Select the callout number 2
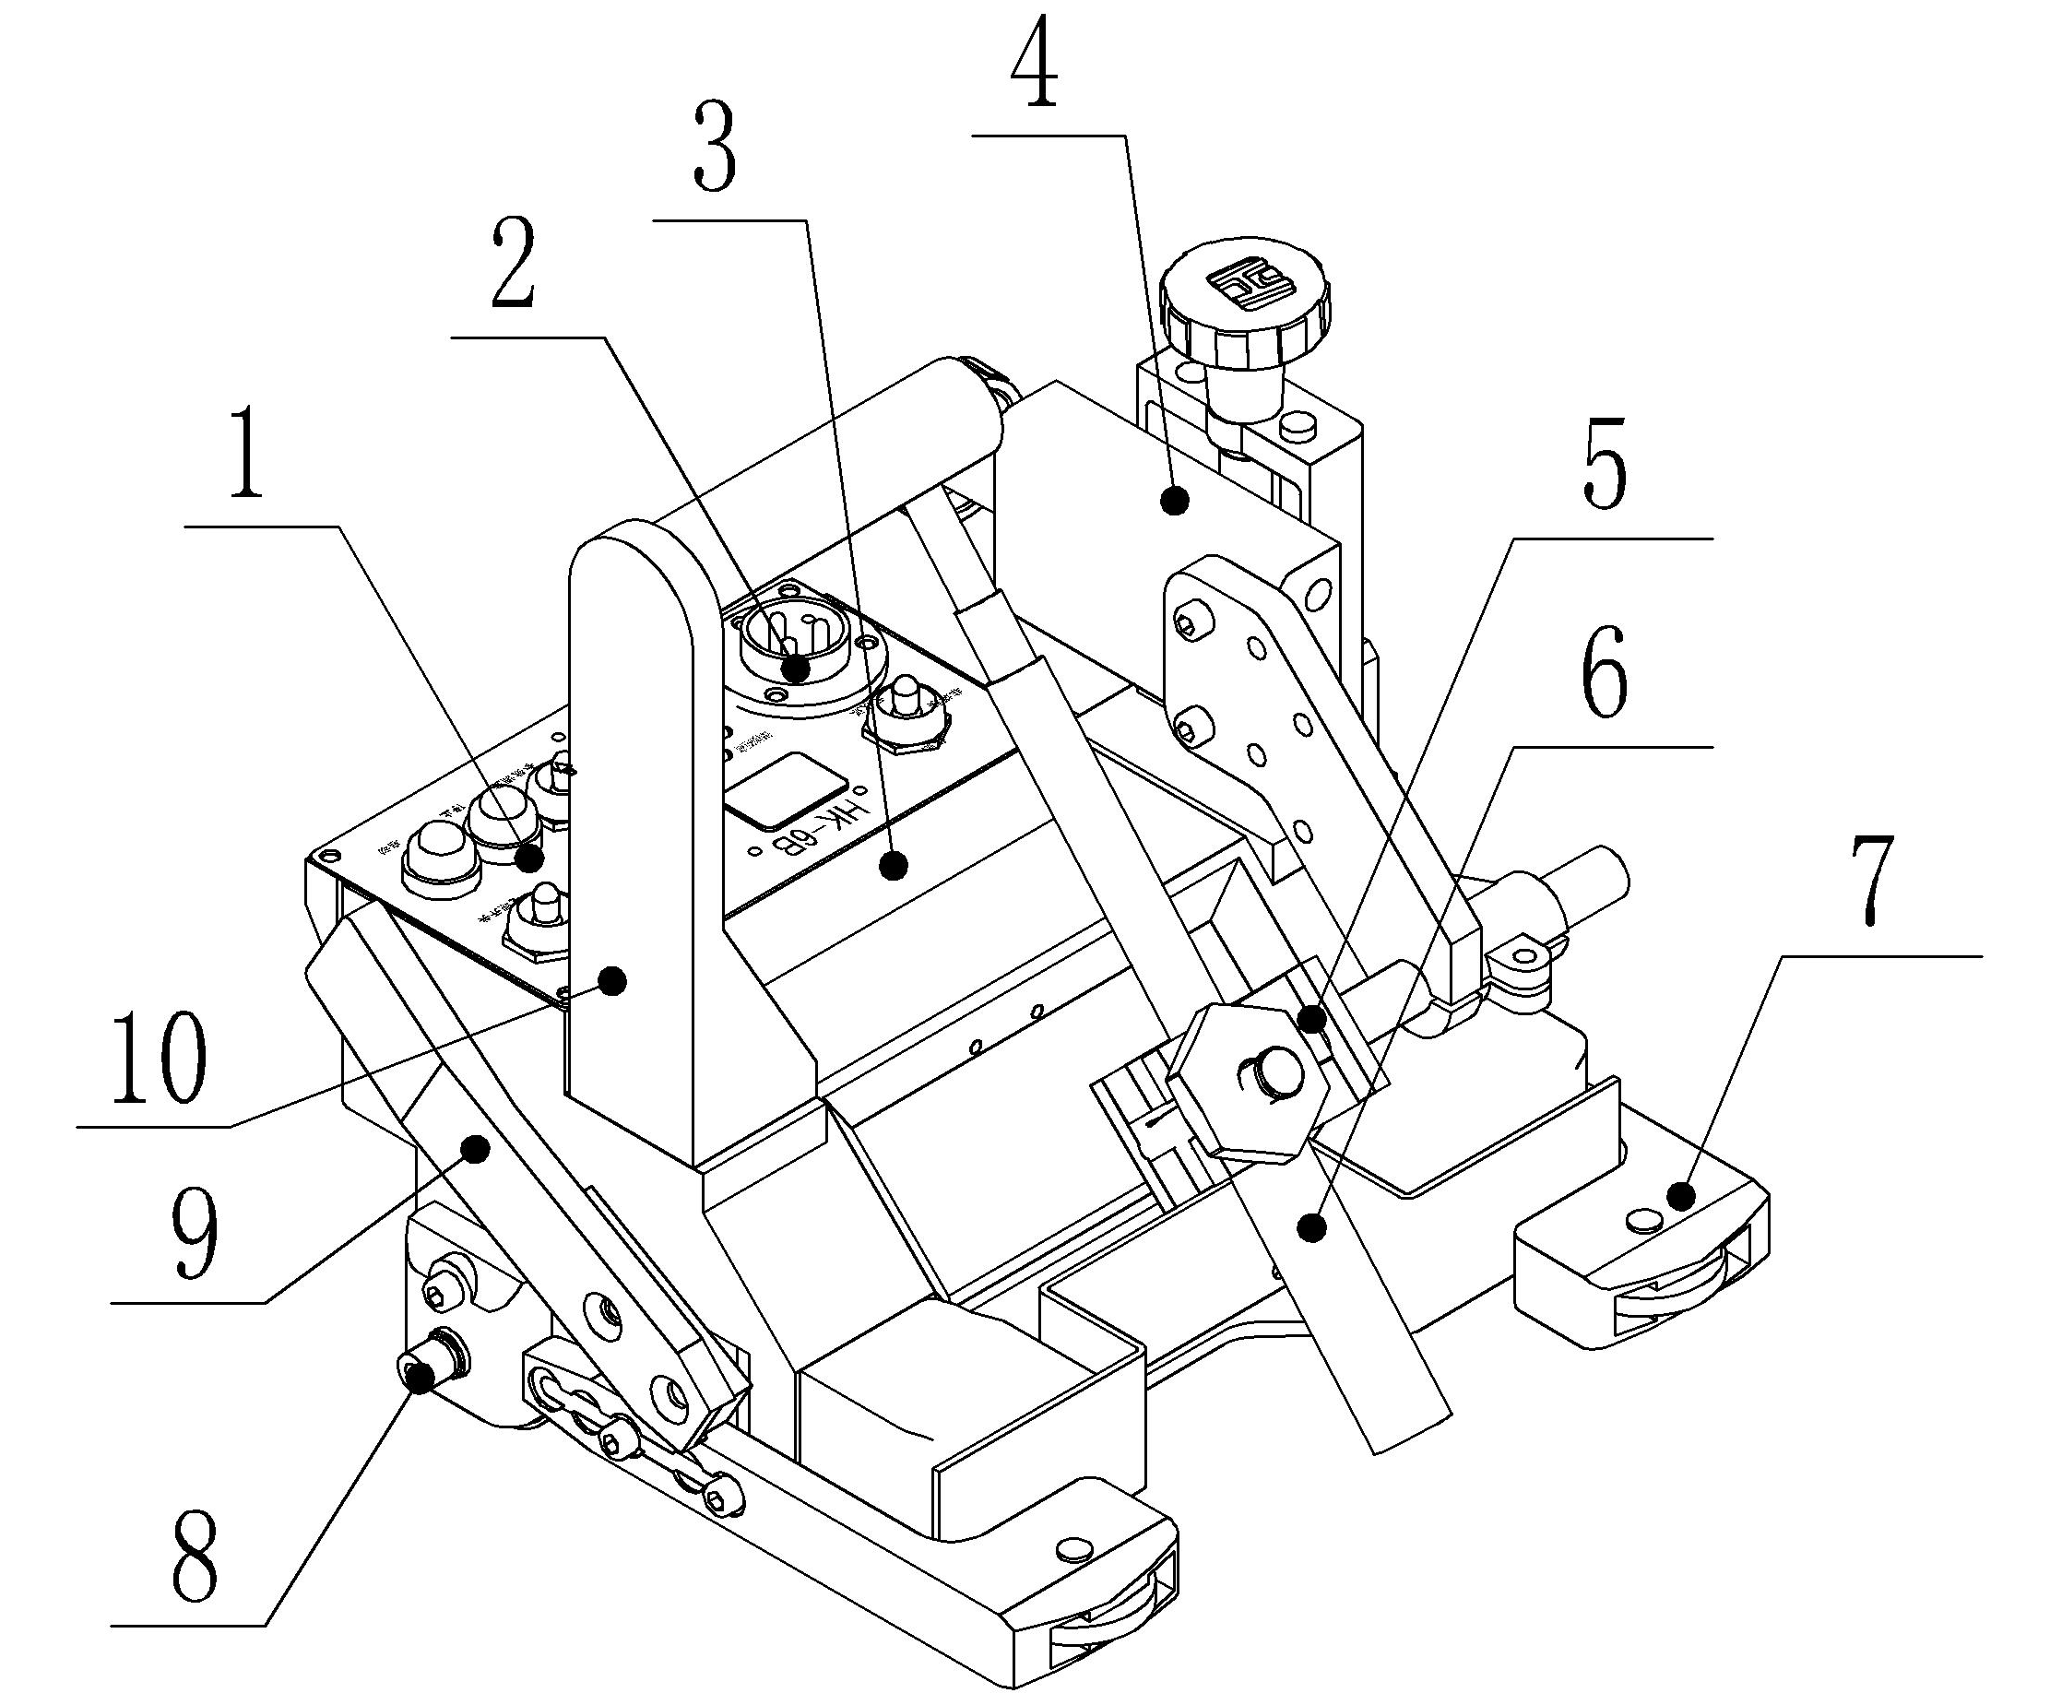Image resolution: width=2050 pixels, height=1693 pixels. click(x=514, y=266)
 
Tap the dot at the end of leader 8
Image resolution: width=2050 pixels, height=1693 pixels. click(x=421, y=1378)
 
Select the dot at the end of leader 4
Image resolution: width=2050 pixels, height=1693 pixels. click(x=1176, y=501)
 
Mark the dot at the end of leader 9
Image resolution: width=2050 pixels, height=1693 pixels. click(x=477, y=1151)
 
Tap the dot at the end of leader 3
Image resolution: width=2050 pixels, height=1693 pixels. click(x=893, y=863)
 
